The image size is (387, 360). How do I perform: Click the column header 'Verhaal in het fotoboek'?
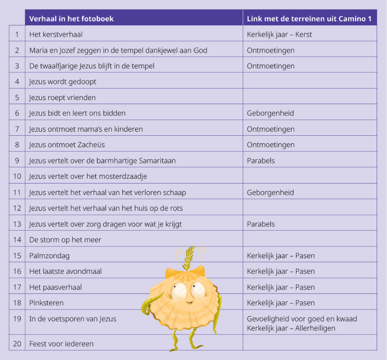tap(71, 19)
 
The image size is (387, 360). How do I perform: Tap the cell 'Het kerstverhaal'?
tap(59, 35)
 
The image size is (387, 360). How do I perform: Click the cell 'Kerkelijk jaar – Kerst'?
tap(279, 35)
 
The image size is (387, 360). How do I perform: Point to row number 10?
tap(17, 176)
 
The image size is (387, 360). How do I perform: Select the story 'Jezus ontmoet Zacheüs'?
tap(67, 145)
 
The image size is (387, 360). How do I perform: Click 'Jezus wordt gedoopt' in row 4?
tap(62, 82)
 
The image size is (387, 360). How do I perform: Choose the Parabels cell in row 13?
tap(261, 224)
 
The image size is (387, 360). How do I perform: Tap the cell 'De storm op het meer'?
tap(65, 240)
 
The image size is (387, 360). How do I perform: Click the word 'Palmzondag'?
tap(49, 256)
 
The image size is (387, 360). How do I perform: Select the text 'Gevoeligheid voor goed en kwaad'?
tap(302, 319)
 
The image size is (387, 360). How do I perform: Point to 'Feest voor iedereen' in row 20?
tap(61, 344)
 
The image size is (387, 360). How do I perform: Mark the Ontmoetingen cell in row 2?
tap(270, 50)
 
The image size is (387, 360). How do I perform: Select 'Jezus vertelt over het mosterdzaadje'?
tap(88, 176)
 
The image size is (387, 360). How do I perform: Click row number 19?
tap(17, 319)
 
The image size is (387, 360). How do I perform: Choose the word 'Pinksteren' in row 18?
tap(46, 303)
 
